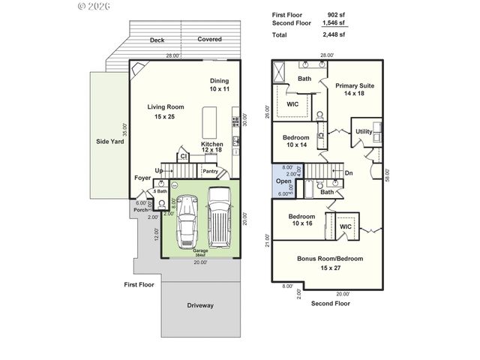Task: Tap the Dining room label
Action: coord(219,85)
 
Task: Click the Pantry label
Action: coord(211,171)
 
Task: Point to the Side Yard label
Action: coord(109,141)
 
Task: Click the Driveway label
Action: coord(200,305)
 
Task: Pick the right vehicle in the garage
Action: coord(219,218)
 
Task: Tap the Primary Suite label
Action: coord(355,89)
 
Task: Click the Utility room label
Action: coord(364,131)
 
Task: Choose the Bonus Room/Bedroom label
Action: coord(330,262)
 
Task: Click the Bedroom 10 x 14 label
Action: coord(295,141)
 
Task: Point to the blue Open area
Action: coord(283,181)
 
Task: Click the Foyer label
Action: coord(142,178)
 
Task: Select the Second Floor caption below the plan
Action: coord(330,304)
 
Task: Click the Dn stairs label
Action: coord(349,173)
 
